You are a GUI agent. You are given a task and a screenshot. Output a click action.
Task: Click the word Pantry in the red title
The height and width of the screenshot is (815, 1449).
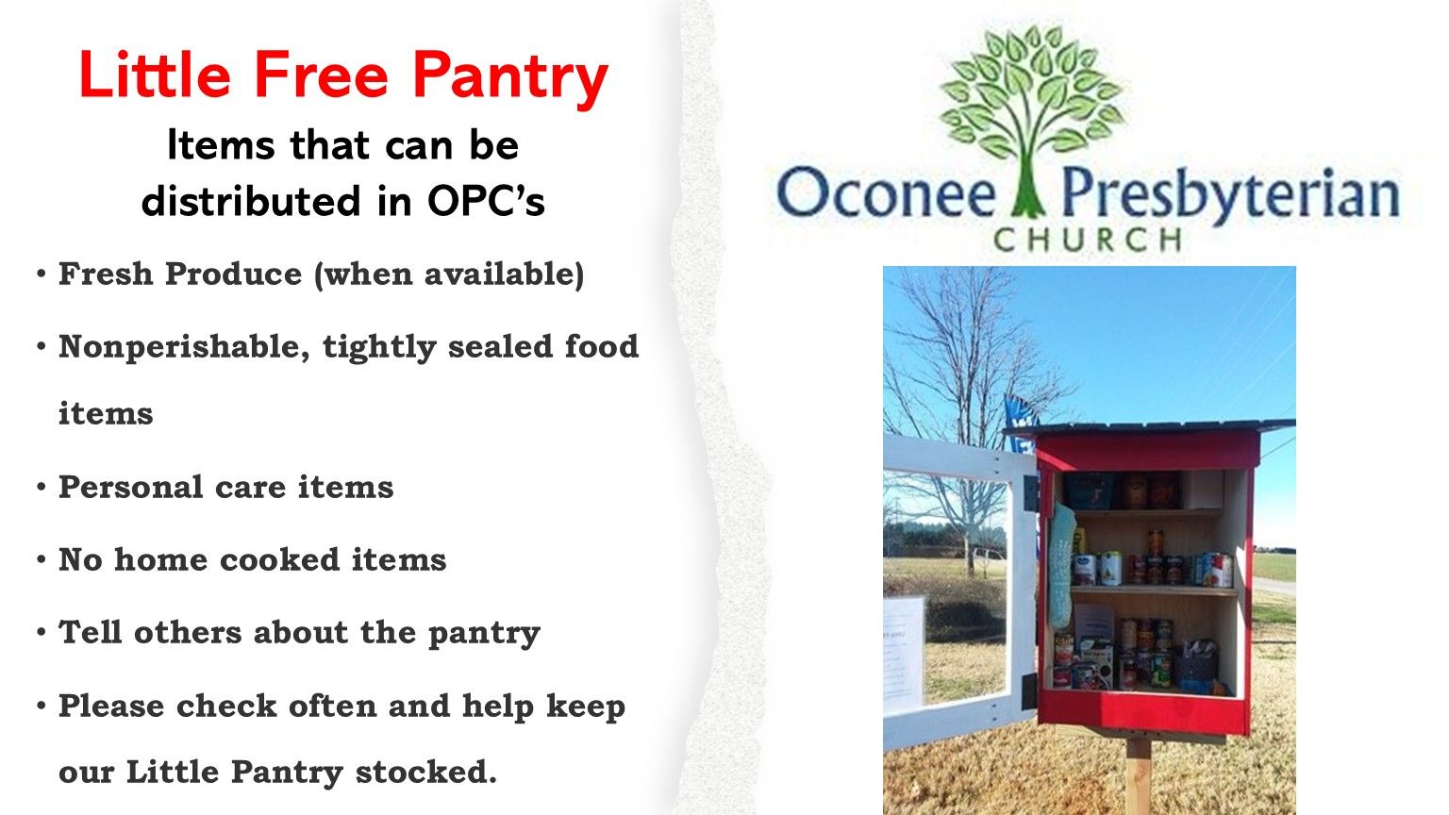coord(510,79)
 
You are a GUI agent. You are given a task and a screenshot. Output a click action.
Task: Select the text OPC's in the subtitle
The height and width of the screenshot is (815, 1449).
coord(486,201)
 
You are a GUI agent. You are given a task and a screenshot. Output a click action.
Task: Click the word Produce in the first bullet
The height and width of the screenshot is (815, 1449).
coord(234,274)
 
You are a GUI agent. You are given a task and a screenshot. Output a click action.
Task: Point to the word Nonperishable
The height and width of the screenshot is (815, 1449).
coord(184,347)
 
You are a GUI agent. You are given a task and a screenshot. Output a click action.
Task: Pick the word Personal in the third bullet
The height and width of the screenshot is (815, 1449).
coord(131,487)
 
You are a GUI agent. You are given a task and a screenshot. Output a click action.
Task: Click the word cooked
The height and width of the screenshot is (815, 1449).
coord(279,559)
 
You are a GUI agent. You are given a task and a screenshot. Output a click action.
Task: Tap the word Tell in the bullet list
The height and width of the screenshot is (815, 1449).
coord(90,632)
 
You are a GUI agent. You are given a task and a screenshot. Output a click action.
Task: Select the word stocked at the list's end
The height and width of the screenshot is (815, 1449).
coord(426,772)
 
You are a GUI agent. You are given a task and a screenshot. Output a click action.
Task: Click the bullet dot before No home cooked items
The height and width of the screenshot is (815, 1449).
coord(42,559)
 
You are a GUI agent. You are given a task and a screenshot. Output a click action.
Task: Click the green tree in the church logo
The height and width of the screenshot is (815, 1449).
coord(1030,116)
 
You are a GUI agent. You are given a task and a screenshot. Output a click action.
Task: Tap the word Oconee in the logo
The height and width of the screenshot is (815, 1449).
coord(886,192)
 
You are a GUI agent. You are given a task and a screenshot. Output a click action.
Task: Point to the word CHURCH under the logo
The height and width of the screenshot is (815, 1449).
coord(1088,240)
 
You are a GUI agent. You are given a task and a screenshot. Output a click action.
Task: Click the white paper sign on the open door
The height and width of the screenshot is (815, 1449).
coord(904,655)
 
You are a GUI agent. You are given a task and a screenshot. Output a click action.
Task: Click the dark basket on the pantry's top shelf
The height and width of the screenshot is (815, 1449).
coord(1090,491)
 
